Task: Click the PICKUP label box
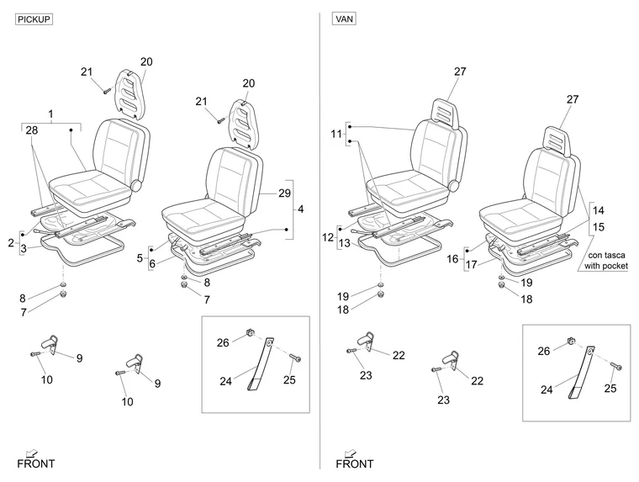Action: (34, 19)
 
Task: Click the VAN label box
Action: (345, 19)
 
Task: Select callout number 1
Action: (50, 114)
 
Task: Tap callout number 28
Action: (32, 130)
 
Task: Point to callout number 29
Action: (284, 193)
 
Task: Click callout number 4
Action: (301, 209)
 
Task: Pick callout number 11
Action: (336, 134)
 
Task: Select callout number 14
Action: (599, 210)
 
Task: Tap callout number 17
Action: (471, 265)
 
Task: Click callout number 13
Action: (345, 243)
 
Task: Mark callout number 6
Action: (152, 264)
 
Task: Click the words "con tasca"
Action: (606, 255)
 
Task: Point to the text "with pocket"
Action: (606, 266)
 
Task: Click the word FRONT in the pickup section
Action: (36, 463)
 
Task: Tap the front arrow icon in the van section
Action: (350, 453)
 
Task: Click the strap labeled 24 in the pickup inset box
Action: (260, 363)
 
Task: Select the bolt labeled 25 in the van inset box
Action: (615, 366)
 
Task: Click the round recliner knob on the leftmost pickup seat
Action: (135, 185)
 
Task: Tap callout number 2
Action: (11, 243)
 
